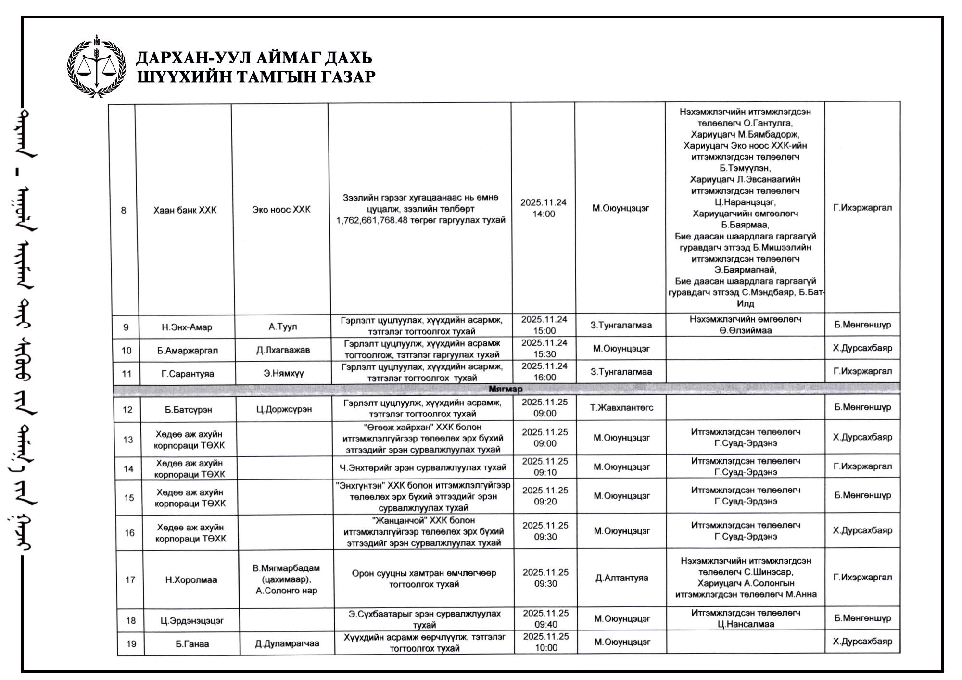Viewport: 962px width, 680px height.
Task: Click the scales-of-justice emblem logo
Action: tap(97, 66)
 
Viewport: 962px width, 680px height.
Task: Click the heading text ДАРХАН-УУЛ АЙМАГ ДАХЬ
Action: tap(254, 58)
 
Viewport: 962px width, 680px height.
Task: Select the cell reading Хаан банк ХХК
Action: tap(185, 210)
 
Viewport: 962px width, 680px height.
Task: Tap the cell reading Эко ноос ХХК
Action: tap(281, 210)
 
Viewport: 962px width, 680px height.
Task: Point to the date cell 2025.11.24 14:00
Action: tap(544, 208)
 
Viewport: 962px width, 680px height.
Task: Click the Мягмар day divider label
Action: tap(506, 389)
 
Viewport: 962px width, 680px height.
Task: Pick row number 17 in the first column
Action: tap(130, 579)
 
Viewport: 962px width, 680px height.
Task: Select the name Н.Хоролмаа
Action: tap(191, 580)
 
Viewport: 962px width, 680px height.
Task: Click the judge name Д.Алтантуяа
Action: tap(621, 578)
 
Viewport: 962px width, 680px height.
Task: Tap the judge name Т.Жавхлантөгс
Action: tap(621, 408)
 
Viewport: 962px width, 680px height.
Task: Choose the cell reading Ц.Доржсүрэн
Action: tap(284, 409)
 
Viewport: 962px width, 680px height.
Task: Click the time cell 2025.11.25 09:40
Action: tap(546, 619)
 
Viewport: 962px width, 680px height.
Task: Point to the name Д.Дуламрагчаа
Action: tap(287, 643)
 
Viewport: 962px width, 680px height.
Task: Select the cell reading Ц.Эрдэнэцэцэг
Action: tap(192, 620)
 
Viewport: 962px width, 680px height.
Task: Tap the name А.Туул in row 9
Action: tap(282, 327)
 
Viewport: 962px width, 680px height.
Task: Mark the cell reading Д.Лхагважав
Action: tap(283, 350)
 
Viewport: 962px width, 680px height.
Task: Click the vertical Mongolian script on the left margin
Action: tap(29, 337)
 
